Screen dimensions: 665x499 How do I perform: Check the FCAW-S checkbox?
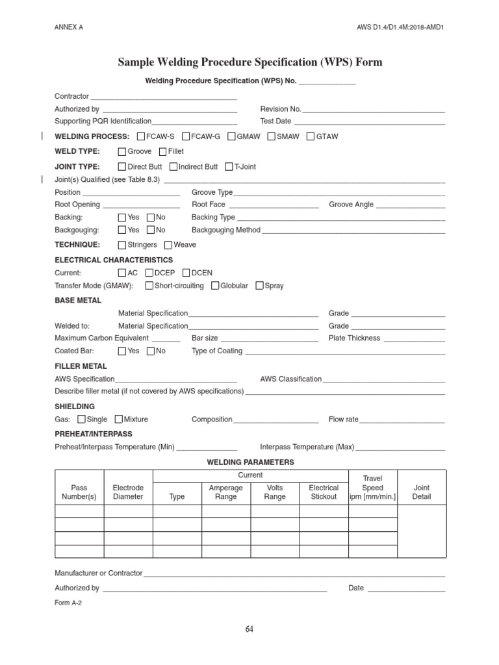142,136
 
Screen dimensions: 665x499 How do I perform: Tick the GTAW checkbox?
311,136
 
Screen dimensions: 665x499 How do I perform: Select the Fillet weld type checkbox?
162,151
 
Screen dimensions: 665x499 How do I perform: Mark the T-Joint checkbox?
229,167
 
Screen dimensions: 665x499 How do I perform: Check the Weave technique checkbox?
168,245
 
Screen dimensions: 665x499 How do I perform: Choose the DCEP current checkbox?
150,273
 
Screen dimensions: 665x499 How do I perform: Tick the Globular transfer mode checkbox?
215,286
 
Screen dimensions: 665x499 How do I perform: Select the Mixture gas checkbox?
118,420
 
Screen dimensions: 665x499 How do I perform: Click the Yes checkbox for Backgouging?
122,230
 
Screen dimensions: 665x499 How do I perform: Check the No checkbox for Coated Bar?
151,351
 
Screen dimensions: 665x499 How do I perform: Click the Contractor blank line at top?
163,97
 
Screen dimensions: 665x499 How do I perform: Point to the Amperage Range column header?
226,492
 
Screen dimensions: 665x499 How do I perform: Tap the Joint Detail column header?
422,492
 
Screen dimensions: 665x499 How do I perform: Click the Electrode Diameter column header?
128,492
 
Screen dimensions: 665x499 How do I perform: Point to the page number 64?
249,629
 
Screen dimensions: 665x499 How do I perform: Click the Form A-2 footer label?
68,603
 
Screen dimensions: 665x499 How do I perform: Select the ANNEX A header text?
69,27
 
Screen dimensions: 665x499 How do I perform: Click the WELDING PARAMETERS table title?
250,462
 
